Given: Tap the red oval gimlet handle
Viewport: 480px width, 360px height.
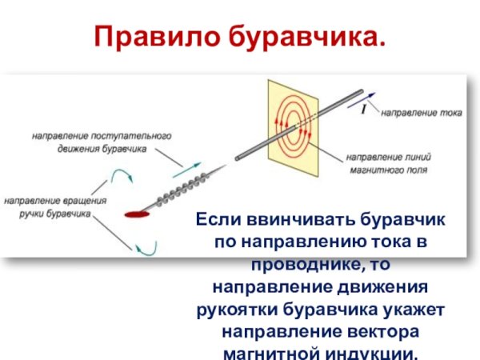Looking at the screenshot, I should tap(137, 214).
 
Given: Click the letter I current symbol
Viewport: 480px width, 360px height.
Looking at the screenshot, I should tap(364, 109).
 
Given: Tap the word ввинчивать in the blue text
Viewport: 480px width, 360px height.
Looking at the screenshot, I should tap(288, 219).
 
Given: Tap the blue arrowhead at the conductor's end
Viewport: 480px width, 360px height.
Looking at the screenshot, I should tap(372, 94).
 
